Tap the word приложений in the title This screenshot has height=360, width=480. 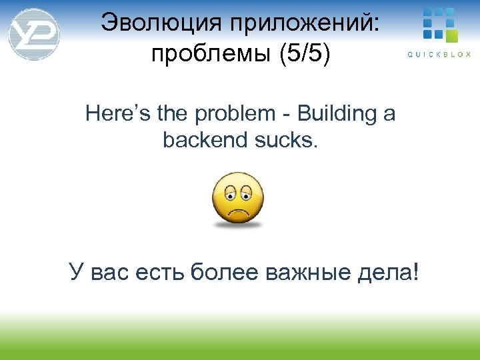pos(303,24)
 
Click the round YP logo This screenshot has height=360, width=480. pos(33,33)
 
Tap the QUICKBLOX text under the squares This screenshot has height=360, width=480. pos(439,55)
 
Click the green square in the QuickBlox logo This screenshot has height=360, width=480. pos(451,35)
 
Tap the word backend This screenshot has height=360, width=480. pos(203,141)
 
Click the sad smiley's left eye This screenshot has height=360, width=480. pos(229,193)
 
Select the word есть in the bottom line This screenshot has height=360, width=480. pos(159,272)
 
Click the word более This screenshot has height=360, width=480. pos(223,272)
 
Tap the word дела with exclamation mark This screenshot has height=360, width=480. pos(393,272)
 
